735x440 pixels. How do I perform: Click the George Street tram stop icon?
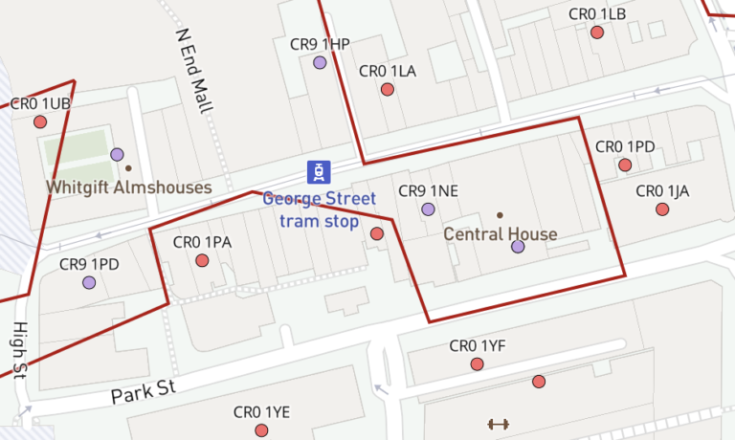pyautogui.click(x=318, y=171)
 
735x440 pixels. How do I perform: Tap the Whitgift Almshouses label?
pyautogui.click(x=129, y=187)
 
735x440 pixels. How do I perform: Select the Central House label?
pyautogui.click(x=500, y=233)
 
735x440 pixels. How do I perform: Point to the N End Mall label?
pyautogui.click(x=193, y=70)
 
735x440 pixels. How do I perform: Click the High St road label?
pyautogui.click(x=19, y=348)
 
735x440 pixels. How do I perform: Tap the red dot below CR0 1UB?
pyautogui.click(x=40, y=121)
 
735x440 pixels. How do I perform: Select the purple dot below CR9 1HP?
pyautogui.click(x=320, y=62)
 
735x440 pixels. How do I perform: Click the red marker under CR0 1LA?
pyautogui.click(x=388, y=89)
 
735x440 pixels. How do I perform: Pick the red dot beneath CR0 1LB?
pyautogui.click(x=597, y=33)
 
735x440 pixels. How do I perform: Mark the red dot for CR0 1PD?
pyautogui.click(x=625, y=165)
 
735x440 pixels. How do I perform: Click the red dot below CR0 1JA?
pyautogui.click(x=662, y=209)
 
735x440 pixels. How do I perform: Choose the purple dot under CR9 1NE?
pyautogui.click(x=428, y=209)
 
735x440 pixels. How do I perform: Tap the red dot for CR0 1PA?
pyautogui.click(x=202, y=260)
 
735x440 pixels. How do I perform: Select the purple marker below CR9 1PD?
pyautogui.click(x=89, y=282)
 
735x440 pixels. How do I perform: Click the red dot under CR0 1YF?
pyautogui.click(x=477, y=363)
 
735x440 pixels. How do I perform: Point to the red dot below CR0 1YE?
pyautogui.click(x=261, y=430)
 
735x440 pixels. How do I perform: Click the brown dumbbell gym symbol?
pyautogui.click(x=498, y=424)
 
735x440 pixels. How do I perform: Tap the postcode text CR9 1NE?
pyautogui.click(x=428, y=190)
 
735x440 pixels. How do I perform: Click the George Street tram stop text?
pyautogui.click(x=319, y=210)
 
